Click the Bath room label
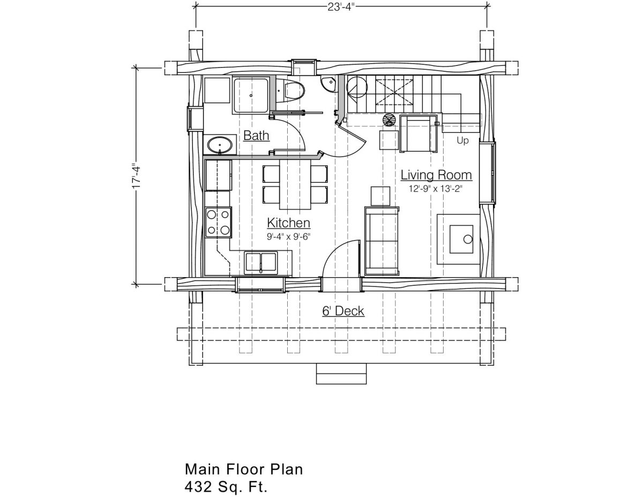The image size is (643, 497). pos(256,136)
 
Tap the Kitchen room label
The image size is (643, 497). pos(288,223)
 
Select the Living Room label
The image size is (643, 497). pos(436,175)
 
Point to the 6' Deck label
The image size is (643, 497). pos(343,311)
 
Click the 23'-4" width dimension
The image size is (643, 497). pos(341,7)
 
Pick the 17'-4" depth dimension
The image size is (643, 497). pos(136,176)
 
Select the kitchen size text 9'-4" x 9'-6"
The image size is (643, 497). pos(288,237)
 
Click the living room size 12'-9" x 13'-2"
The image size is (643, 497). pos(436,189)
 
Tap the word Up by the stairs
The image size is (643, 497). pos(462,140)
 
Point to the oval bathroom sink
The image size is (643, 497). pos(220,145)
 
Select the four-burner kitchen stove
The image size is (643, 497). pos(219,222)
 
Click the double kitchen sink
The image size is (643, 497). pos(261,262)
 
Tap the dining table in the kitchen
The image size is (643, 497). pos(295,184)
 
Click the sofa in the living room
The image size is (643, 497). pos(382,241)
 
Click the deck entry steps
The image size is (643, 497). pos(341,374)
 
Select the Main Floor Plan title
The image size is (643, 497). pos(244,469)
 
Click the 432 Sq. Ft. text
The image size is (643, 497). pos(226,487)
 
